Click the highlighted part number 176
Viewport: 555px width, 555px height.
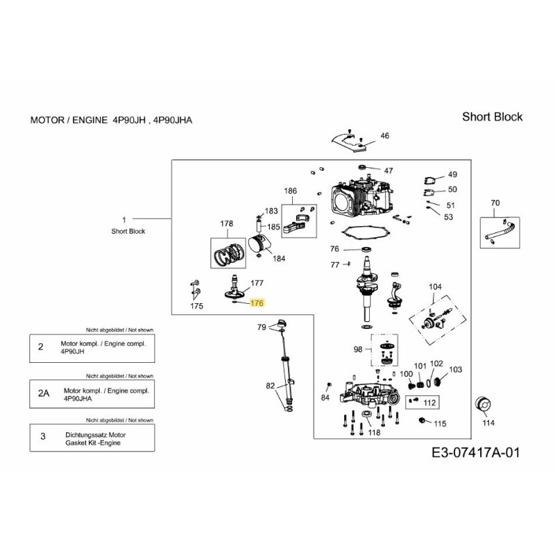click(x=257, y=303)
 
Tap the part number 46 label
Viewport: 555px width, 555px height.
click(x=385, y=136)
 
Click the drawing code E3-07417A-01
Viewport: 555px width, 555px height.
click(x=475, y=453)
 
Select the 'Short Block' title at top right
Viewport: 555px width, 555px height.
click(x=492, y=117)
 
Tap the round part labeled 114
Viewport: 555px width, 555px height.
click(x=486, y=405)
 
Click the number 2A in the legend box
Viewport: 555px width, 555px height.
click(x=44, y=393)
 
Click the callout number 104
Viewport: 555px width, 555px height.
click(x=435, y=287)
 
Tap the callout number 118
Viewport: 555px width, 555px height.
click(x=374, y=434)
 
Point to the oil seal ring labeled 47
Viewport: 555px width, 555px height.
click(x=361, y=169)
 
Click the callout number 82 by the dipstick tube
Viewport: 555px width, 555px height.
click(x=270, y=385)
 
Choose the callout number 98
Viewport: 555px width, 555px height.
click(x=358, y=349)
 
